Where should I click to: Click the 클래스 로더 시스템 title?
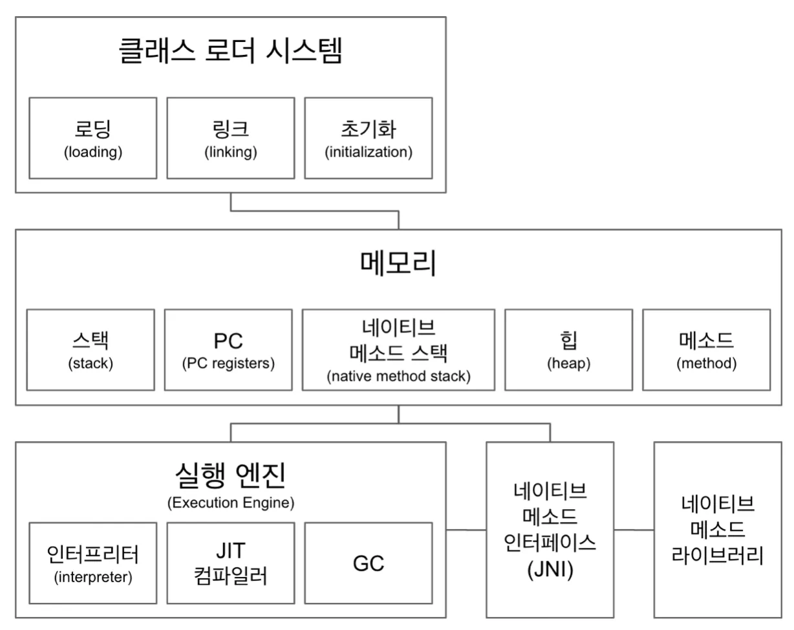point(230,52)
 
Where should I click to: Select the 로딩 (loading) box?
point(92,138)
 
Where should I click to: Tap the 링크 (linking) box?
point(230,138)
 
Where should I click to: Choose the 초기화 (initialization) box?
point(368,138)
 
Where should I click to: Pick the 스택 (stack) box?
point(91,349)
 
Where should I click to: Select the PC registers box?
point(228,349)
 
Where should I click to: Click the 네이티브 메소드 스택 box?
point(398,349)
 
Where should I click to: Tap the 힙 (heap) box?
point(568,349)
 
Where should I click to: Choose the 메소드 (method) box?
point(706,349)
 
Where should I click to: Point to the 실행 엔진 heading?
point(230,477)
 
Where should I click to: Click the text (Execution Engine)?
point(230,503)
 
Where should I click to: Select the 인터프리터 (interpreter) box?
point(92,563)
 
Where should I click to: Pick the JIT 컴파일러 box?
point(230,563)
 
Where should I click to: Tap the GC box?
point(368,563)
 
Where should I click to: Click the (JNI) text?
point(550,572)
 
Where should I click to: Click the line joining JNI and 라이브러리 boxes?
point(634,530)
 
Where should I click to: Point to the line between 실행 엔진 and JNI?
point(466,530)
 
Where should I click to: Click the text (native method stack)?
point(398,376)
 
